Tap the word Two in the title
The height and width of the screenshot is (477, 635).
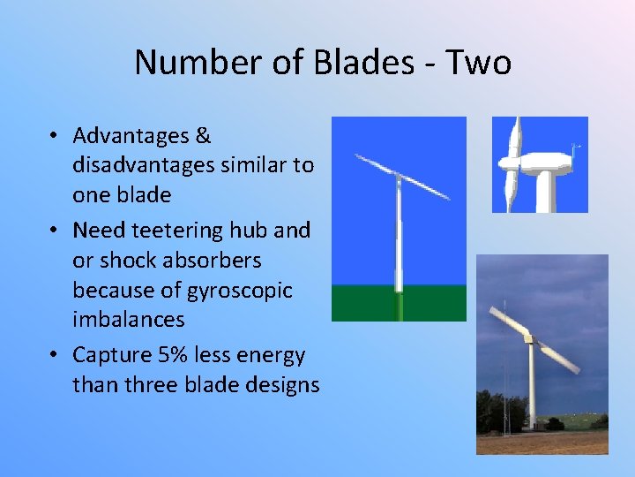[478, 63]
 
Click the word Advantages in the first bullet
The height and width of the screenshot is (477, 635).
[131, 136]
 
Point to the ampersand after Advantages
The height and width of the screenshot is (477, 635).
[203, 136]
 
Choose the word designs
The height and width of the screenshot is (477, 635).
[281, 385]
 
